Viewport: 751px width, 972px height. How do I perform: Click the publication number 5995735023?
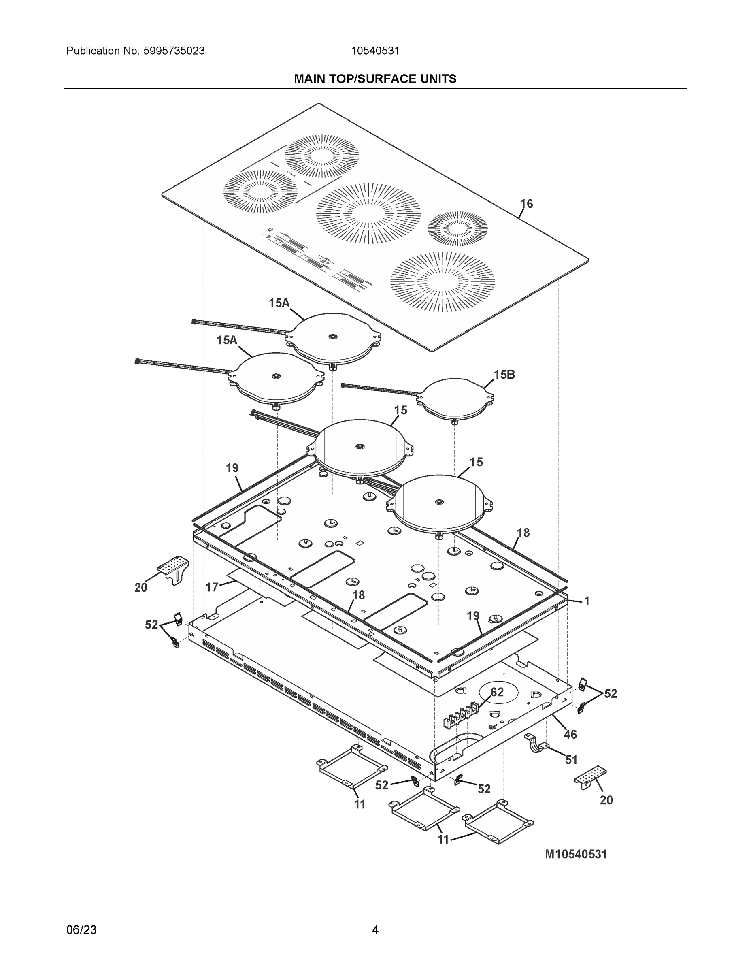click(x=174, y=51)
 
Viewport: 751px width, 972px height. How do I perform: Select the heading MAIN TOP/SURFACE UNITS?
click(x=375, y=79)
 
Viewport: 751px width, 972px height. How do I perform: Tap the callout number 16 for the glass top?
click(x=526, y=204)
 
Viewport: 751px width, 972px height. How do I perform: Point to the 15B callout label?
click(x=504, y=375)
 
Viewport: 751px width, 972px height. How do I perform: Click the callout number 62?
click(x=497, y=692)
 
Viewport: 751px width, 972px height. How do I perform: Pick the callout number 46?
click(x=570, y=734)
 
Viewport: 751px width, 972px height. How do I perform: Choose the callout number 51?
click(x=571, y=760)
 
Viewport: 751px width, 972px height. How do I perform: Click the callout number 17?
click(x=212, y=588)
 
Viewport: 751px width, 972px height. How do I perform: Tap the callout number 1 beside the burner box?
click(x=587, y=601)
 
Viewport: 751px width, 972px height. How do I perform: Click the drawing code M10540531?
click(x=576, y=854)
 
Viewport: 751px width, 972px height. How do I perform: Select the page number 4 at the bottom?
click(x=375, y=930)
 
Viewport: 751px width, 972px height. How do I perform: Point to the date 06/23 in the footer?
click(x=81, y=930)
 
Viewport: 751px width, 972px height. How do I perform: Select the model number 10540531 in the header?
click(x=375, y=51)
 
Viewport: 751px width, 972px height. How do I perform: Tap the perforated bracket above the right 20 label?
click(x=590, y=775)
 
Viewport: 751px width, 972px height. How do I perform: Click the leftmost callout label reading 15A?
click(x=227, y=341)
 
